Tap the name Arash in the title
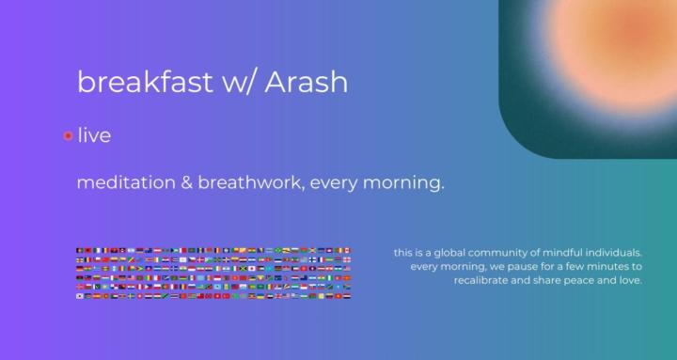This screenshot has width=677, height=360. [x=306, y=82]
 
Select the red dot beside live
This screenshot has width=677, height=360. [x=68, y=136]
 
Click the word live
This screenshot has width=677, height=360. [x=94, y=135]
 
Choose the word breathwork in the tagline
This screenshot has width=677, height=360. [x=246, y=182]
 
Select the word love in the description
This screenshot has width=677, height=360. [x=632, y=280]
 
